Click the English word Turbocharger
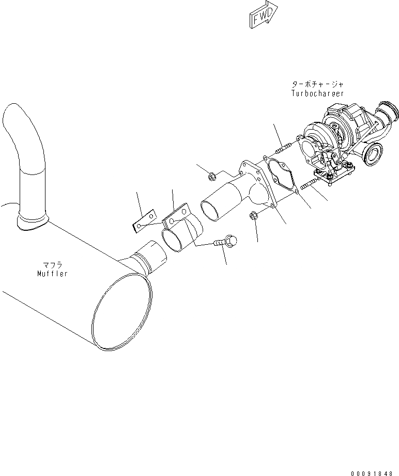pos(317,93)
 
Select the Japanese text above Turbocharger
pos(317,84)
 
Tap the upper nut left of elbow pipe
pos(211,178)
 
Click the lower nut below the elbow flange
pos(254,215)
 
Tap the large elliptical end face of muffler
pos(124,312)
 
